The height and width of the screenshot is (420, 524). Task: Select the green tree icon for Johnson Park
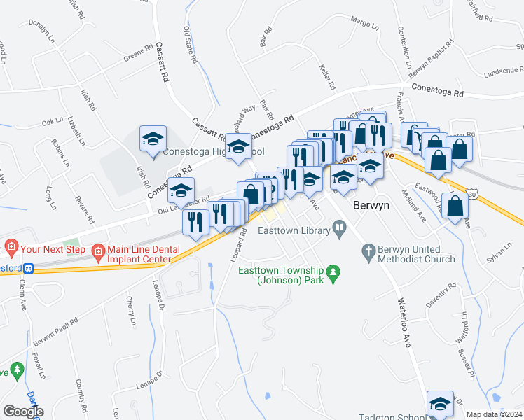tap(334, 271)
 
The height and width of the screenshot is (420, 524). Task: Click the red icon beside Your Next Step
tap(11, 246)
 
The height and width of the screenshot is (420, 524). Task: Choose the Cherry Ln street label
tap(130, 311)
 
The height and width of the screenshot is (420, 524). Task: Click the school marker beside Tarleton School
tap(440, 404)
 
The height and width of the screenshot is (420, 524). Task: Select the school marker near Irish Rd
tap(152, 138)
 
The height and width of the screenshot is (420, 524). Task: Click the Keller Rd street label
tap(326, 76)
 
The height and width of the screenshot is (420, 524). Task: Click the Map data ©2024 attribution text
tap(495, 414)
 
